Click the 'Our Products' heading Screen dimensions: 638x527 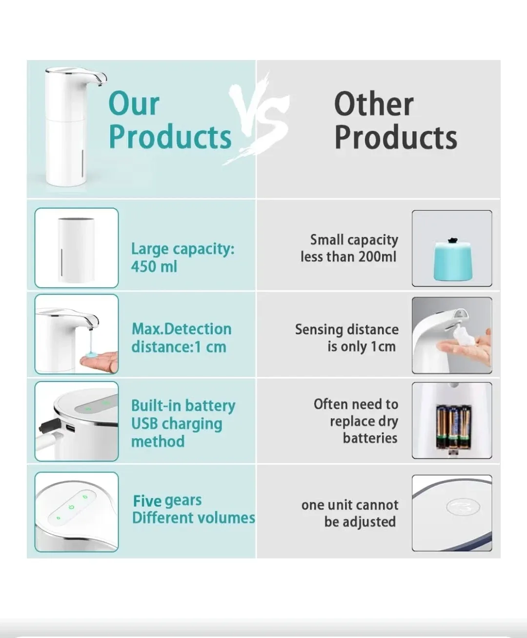tap(169, 120)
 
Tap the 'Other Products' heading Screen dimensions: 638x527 tap(395, 120)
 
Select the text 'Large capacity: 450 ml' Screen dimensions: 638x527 tap(182, 257)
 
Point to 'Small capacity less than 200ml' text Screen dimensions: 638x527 tap(349, 248)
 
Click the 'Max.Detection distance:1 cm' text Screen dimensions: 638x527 tap(181, 338)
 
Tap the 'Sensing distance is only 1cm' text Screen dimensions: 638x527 tap(347, 338)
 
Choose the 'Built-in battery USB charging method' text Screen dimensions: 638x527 tap(183, 423)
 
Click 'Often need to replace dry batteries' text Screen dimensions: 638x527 tap(356, 421)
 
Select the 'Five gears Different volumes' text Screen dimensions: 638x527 tap(193, 509)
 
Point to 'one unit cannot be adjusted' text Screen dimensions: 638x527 tap(350, 513)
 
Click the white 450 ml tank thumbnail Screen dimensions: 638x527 tap(77, 248)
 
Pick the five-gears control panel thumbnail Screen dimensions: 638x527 tap(77, 511)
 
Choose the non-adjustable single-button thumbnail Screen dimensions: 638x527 tap(452, 513)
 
